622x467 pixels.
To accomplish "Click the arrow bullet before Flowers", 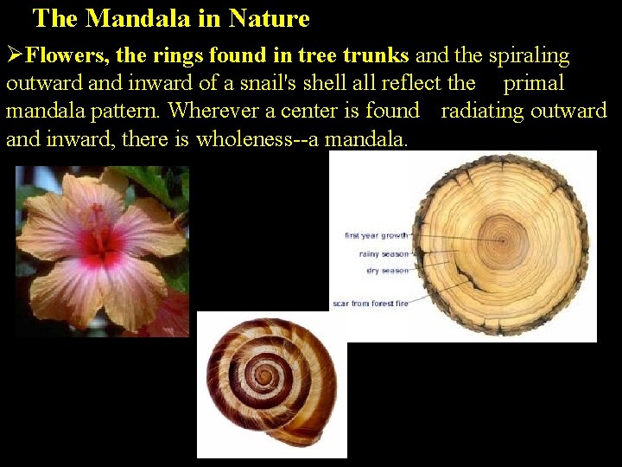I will pyautogui.click(x=15, y=56).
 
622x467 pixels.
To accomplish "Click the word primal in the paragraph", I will pyautogui.click(x=533, y=84).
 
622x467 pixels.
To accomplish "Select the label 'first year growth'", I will pyautogui.click(x=377, y=235).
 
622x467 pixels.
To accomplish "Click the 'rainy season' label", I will pyautogui.click(x=384, y=253).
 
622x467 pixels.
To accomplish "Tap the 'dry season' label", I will pyautogui.click(x=387, y=271).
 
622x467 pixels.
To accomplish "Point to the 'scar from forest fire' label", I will pyautogui.click(x=371, y=304).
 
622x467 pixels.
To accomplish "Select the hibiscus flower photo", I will pyautogui.click(x=102, y=251).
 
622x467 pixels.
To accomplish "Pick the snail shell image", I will pyautogui.click(x=271, y=384).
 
